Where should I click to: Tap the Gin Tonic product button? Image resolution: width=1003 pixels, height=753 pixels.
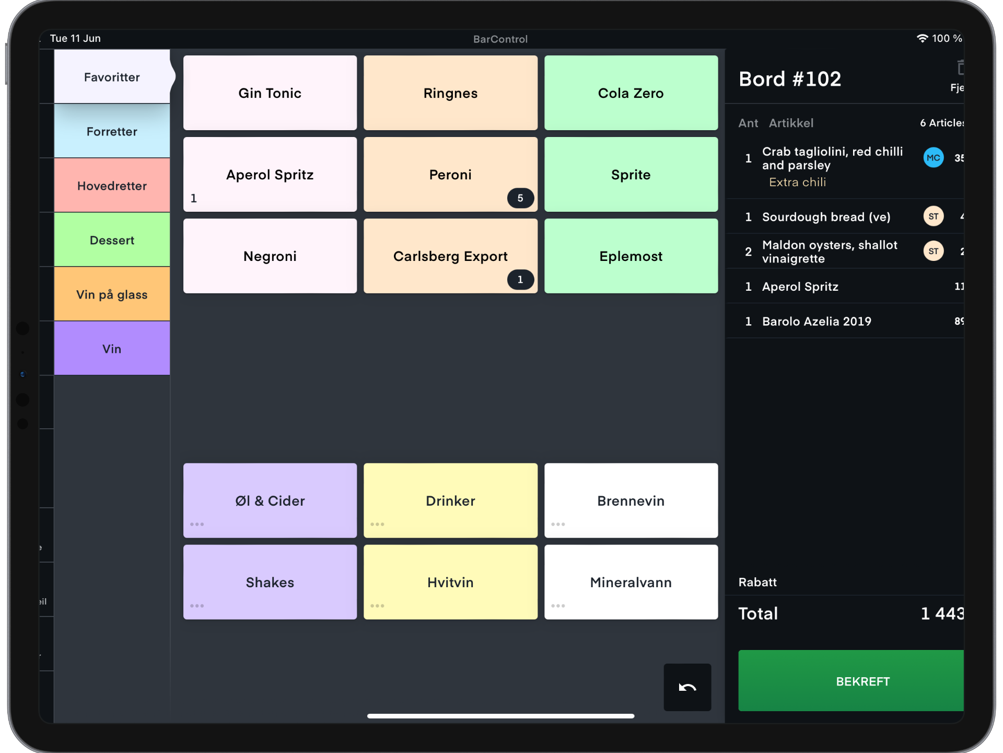(270, 93)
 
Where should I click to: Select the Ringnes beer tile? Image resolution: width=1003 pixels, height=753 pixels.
(450, 93)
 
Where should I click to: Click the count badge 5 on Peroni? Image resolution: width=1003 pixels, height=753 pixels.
(520, 198)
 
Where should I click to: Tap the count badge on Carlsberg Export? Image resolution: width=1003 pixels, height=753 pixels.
(520, 280)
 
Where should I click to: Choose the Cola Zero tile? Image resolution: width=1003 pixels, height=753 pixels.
(631, 93)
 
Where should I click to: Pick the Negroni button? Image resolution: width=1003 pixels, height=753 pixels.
(270, 256)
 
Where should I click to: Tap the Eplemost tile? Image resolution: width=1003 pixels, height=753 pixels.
(631, 256)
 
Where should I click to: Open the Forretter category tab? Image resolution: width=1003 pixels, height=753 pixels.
(112, 131)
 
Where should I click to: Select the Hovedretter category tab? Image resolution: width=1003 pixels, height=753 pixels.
(112, 186)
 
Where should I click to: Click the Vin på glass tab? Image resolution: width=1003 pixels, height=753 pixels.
(112, 294)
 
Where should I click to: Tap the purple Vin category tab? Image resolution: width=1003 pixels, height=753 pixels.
(112, 349)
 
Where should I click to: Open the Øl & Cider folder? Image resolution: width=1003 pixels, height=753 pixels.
(270, 500)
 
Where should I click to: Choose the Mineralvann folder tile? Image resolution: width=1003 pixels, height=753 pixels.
(631, 582)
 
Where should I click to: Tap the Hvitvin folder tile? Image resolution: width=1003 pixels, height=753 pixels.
(450, 582)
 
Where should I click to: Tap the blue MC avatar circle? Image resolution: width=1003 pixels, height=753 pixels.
(933, 158)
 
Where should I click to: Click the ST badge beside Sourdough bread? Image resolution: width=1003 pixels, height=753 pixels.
(933, 216)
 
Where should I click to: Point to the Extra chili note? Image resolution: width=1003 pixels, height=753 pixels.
(797, 182)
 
